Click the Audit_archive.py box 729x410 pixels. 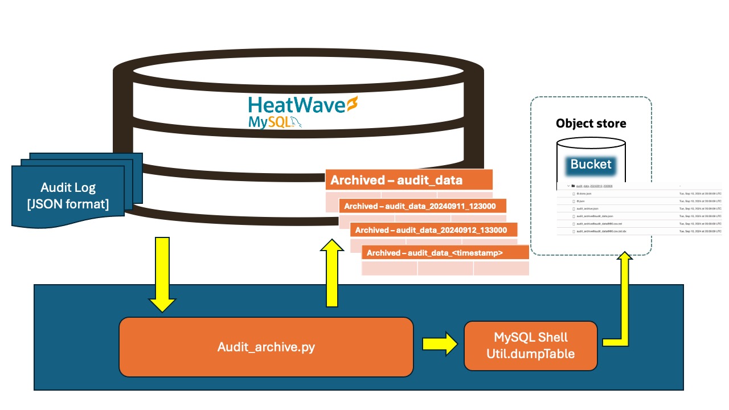coord(265,347)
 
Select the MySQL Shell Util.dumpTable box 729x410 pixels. coord(530,346)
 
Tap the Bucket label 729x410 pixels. coord(591,165)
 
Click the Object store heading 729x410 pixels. coord(591,124)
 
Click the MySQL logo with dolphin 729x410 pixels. coord(274,122)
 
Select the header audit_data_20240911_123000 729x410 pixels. coord(422,206)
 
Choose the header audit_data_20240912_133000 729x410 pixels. coord(433,229)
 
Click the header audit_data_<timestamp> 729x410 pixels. coord(444,252)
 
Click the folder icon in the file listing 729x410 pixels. coord(573,186)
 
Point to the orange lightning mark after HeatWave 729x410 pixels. coord(353,105)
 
